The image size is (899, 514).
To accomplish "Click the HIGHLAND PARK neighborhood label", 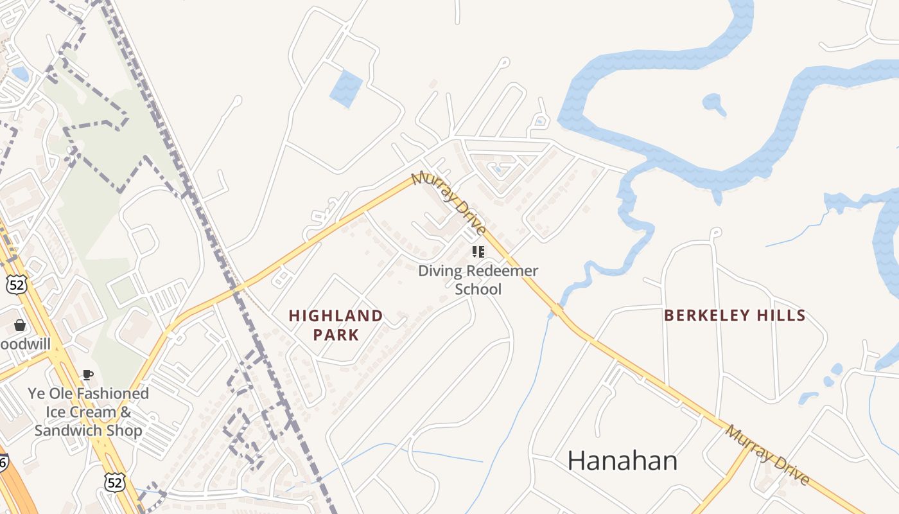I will (336, 325).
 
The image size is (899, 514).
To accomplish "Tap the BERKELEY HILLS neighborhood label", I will (735, 315).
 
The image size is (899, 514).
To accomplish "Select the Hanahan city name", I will (622, 461).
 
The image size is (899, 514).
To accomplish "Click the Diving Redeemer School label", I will (478, 279).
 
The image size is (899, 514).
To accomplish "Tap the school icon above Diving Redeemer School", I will (478, 251).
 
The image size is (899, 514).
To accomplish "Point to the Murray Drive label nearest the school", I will (449, 202).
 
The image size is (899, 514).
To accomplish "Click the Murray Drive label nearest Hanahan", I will (767, 454).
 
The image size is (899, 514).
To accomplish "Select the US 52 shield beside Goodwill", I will (17, 284).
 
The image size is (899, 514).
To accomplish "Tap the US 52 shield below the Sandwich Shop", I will (115, 483).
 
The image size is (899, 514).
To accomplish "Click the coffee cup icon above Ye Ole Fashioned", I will (88, 375).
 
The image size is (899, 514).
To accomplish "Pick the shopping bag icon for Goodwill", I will (20, 325).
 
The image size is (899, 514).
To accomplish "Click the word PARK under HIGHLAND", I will (336, 335).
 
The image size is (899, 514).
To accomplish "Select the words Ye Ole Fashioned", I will (88, 393).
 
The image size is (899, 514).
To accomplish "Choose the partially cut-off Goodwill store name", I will (24, 344).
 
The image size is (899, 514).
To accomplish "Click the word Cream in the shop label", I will (94, 411).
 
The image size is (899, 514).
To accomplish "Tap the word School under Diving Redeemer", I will (478, 289).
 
